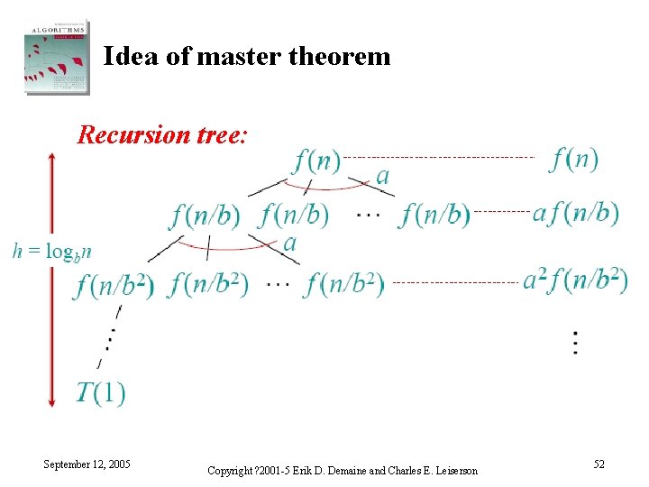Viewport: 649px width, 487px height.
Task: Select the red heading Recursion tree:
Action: click(162, 134)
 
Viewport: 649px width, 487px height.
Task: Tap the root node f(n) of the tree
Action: click(317, 161)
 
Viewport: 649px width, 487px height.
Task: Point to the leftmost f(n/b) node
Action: click(205, 216)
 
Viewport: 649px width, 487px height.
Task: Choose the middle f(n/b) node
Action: click(294, 216)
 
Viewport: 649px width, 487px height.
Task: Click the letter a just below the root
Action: click(382, 175)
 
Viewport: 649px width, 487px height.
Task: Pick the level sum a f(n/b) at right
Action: click(576, 214)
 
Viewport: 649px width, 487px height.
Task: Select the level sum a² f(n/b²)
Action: click(576, 280)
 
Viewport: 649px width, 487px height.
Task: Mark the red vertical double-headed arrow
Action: click(51, 279)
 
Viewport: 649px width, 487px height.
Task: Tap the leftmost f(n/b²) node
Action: click(115, 285)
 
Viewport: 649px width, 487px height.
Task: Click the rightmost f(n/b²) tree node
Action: click(344, 285)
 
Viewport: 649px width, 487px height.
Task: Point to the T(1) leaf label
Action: click(100, 393)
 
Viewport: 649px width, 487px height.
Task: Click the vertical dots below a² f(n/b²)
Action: click(575, 343)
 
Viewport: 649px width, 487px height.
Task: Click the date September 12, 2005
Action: click(87, 464)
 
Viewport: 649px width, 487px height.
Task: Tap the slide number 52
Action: click(599, 464)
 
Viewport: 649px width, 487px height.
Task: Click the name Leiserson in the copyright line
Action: click(447, 471)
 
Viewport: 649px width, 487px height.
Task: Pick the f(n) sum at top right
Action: click(574, 160)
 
